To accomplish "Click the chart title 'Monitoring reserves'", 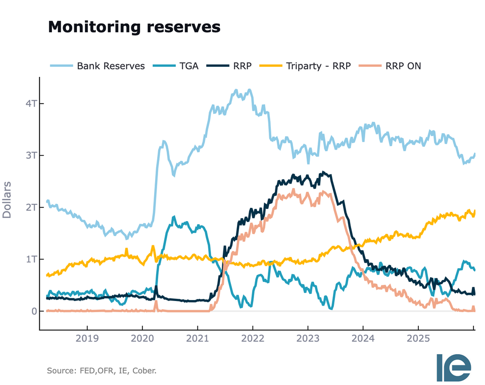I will [134, 27].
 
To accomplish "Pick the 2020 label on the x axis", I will [142, 338].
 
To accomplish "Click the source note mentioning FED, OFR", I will [102, 371].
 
